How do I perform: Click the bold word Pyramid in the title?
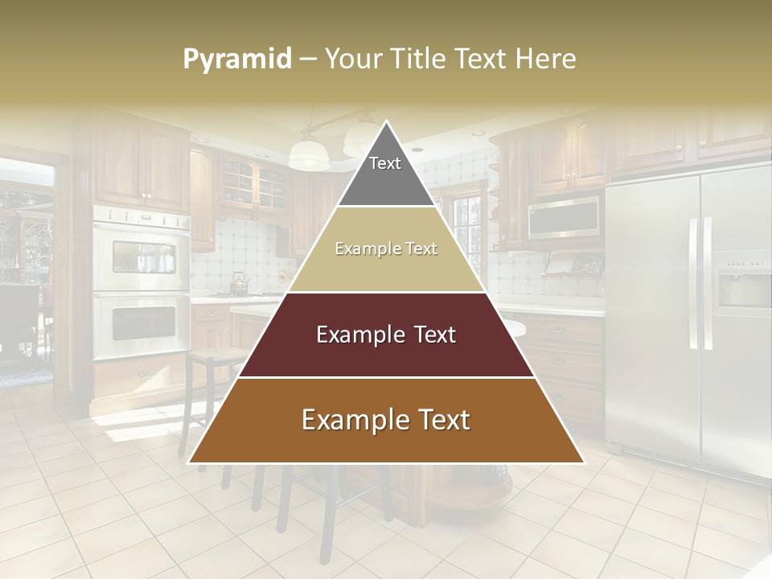(x=236, y=60)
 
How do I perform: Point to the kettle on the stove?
(x=239, y=282)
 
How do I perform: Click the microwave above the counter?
(x=564, y=217)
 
